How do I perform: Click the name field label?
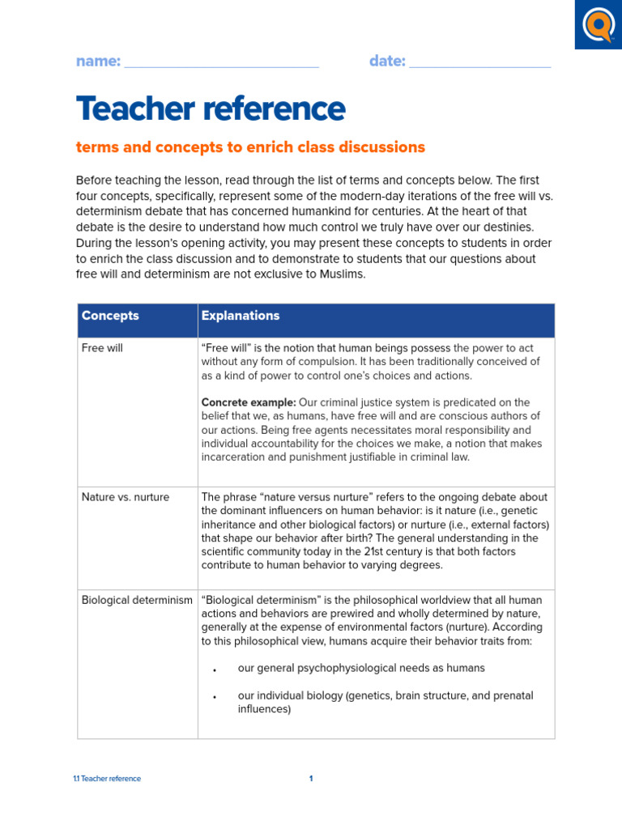(x=98, y=62)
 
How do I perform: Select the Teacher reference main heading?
(x=211, y=108)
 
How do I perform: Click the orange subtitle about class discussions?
(x=250, y=147)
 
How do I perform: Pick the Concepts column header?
(x=110, y=316)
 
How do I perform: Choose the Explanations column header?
(x=241, y=316)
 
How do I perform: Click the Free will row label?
(x=103, y=347)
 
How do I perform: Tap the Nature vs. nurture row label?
(x=126, y=497)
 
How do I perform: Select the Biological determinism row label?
(x=137, y=600)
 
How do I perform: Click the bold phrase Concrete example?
(x=249, y=402)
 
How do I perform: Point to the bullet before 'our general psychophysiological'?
(x=215, y=670)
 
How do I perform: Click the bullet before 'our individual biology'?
(x=215, y=698)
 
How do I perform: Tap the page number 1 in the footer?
(x=311, y=779)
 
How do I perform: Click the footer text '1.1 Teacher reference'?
(x=107, y=779)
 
